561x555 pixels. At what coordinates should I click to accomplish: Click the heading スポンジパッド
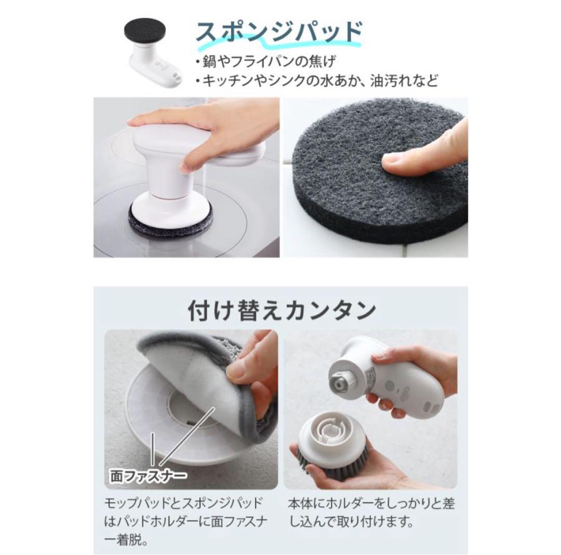point(278,32)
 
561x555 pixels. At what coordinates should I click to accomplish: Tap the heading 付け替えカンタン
point(282,311)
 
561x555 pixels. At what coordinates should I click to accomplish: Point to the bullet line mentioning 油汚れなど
point(317,80)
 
